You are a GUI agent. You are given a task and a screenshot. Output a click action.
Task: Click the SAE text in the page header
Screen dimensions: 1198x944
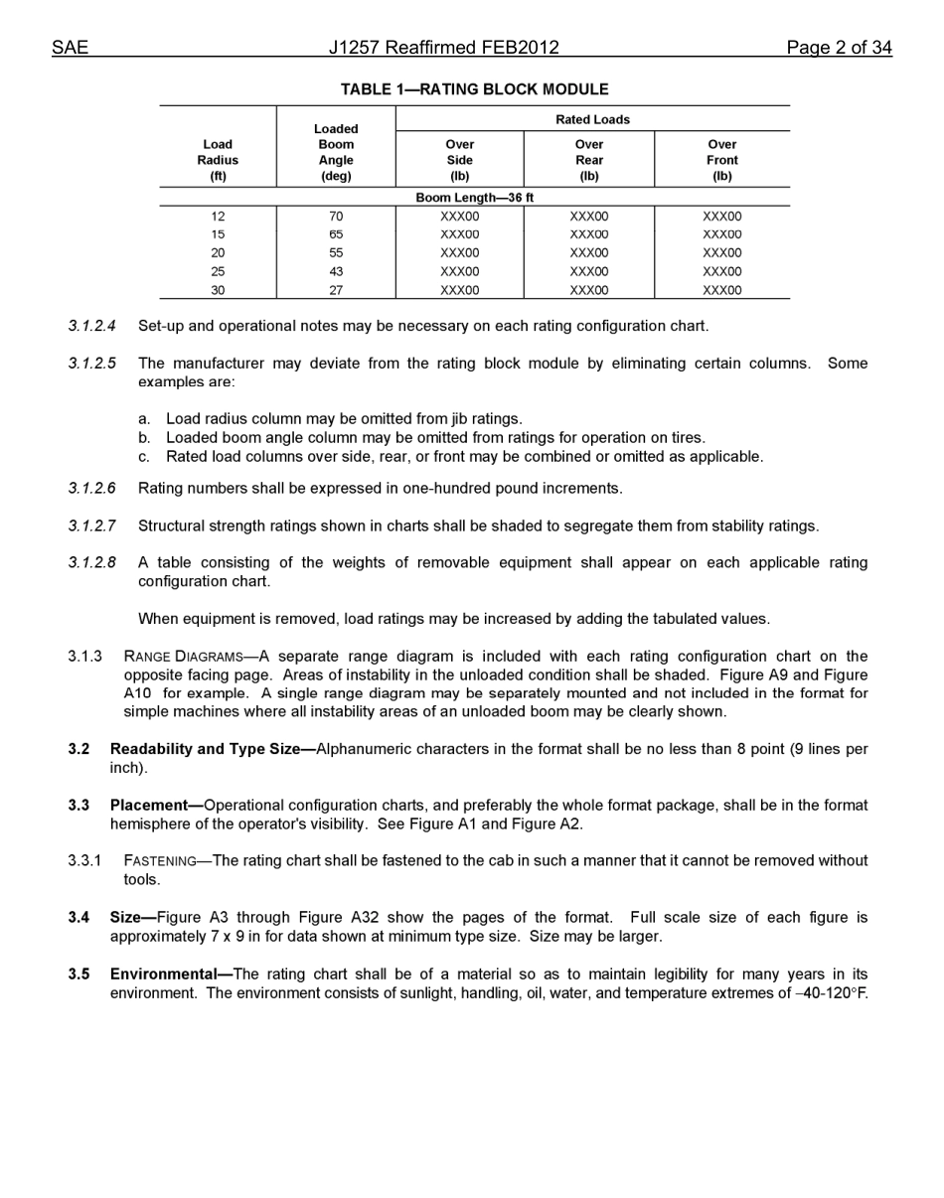tap(70, 48)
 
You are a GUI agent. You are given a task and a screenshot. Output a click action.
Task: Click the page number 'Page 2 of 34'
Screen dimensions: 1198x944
tap(839, 48)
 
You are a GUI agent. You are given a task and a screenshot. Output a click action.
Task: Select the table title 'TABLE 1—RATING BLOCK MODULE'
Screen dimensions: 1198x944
tap(474, 89)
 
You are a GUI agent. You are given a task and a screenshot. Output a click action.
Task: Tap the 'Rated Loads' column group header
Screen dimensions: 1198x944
tap(592, 119)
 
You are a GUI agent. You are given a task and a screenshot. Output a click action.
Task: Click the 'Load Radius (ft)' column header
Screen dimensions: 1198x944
tap(218, 160)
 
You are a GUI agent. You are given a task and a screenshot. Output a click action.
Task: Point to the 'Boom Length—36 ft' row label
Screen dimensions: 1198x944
tap(474, 198)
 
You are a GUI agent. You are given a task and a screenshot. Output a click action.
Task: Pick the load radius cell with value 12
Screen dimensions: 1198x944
tap(218, 217)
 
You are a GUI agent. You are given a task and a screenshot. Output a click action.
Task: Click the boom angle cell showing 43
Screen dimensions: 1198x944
tap(336, 271)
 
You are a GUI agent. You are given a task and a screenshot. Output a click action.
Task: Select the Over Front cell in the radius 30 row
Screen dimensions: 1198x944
tap(721, 290)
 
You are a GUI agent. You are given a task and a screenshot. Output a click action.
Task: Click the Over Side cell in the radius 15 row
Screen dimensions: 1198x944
tap(459, 234)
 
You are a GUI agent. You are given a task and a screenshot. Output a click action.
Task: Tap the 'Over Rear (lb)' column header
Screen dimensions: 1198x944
tap(588, 160)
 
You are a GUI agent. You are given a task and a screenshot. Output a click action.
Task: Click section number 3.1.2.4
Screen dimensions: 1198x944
tap(91, 326)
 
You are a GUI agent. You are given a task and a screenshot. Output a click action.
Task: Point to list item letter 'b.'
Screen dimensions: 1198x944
tap(144, 438)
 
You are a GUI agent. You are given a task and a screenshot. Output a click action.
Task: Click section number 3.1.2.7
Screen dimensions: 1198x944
tap(91, 525)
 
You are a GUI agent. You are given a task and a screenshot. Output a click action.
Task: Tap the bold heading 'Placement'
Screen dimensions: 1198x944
tap(149, 806)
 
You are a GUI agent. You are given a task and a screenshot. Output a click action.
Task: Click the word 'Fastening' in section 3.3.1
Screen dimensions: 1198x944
tap(159, 861)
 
